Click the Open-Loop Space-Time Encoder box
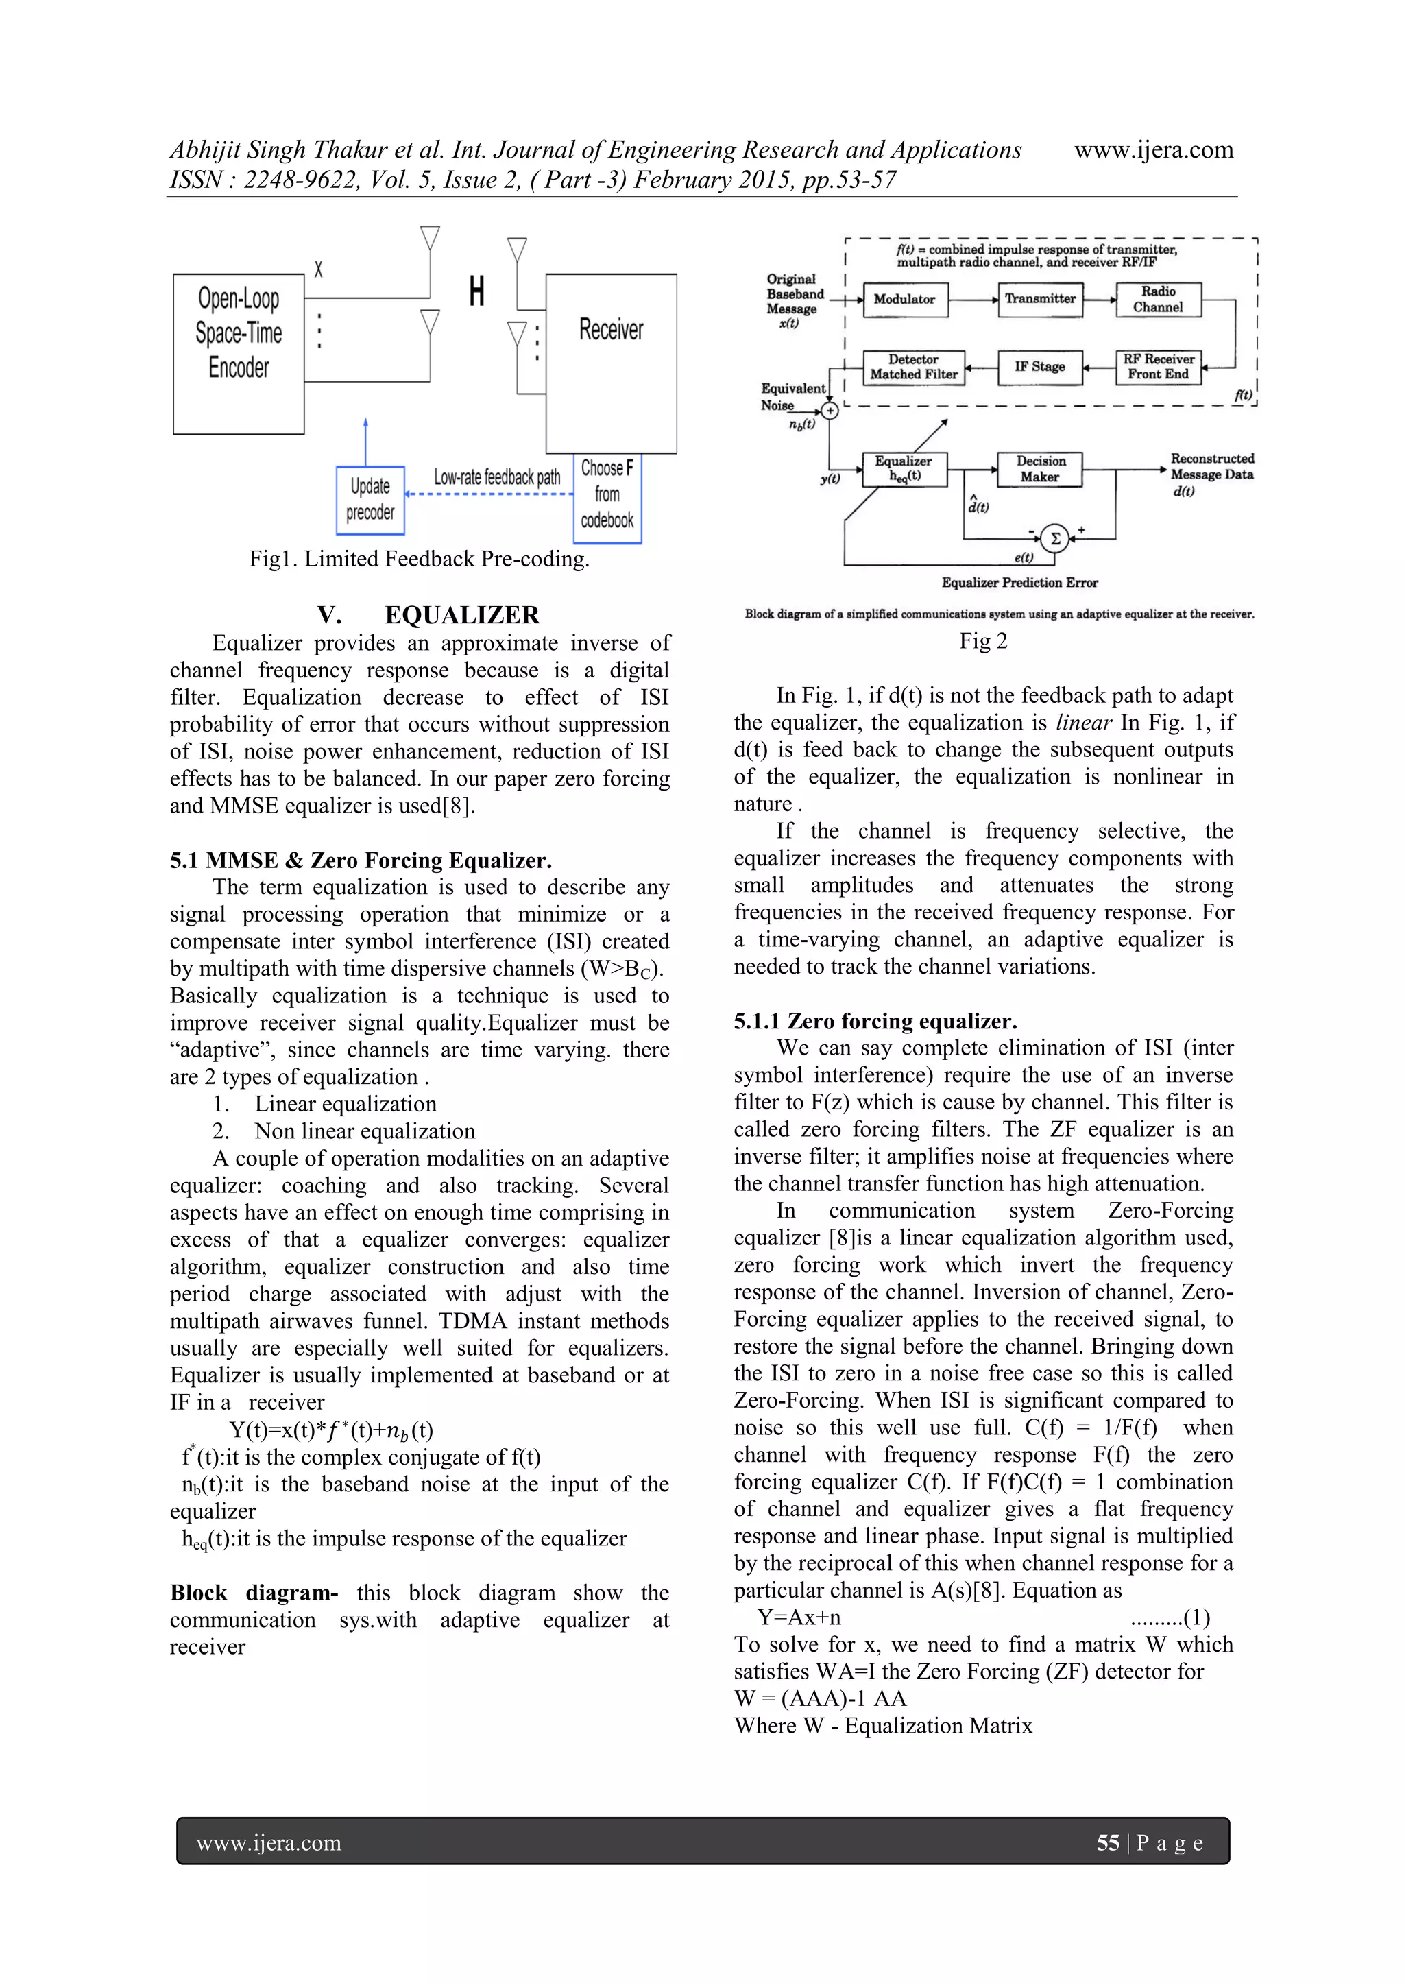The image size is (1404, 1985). coord(239,354)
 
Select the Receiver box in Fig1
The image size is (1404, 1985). coord(612,363)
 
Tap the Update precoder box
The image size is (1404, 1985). coord(370,501)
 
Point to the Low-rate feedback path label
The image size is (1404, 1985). coord(496,477)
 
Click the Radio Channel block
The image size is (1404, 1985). coord(1158,299)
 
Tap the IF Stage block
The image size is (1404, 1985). coord(1039,367)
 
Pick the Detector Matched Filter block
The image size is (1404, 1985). coord(913,367)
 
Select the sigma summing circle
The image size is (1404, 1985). coord(1055,539)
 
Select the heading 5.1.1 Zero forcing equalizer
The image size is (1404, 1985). coord(875,1021)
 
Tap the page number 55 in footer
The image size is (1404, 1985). coord(1107,1842)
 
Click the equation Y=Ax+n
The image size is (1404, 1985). coord(799,1617)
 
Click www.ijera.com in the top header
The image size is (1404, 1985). coord(1153,150)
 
